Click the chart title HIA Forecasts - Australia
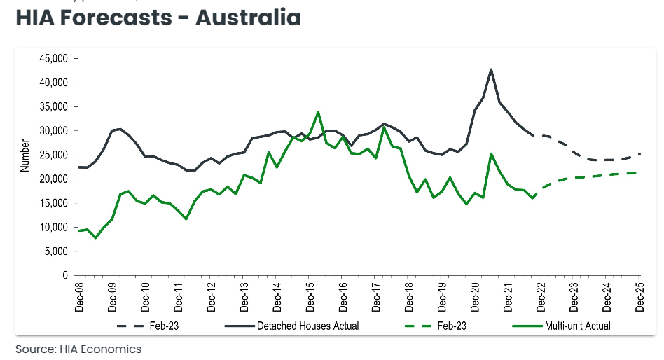point(158,18)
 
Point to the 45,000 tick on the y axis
point(54,59)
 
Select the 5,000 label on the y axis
point(56,251)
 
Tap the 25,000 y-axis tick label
point(54,155)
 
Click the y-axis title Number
point(25,155)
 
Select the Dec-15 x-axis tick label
point(310,296)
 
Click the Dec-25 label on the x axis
point(639,296)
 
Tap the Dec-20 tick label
point(475,296)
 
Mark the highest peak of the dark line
point(491,69)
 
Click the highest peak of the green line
point(318,112)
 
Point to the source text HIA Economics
point(78,349)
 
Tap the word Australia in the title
point(249,18)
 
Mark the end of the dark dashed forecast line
point(639,154)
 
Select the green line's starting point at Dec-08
point(79,230)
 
